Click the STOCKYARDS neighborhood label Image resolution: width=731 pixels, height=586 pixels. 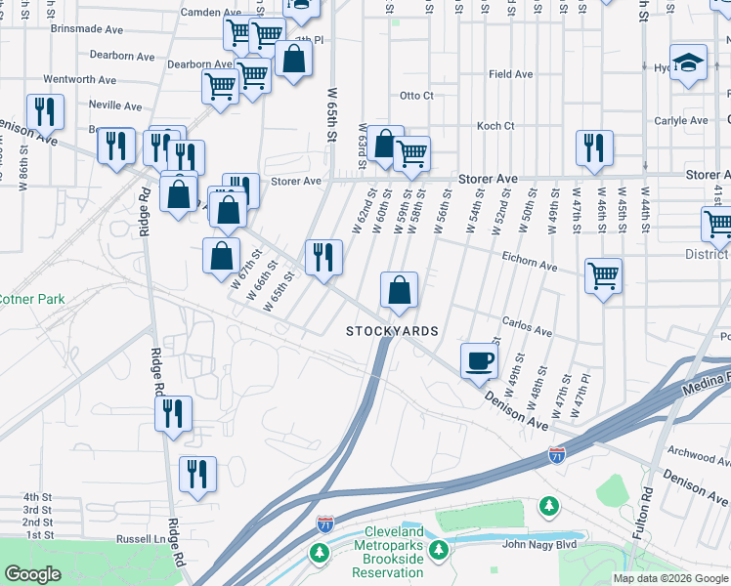coord(392,332)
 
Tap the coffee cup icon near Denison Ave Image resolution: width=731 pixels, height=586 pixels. coord(479,361)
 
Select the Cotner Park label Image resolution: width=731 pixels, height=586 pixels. coord(31,299)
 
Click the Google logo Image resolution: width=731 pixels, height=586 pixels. coord(32,574)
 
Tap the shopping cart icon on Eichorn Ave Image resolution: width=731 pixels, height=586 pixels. coord(604,276)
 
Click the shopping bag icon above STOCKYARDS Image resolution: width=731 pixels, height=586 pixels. coord(399,290)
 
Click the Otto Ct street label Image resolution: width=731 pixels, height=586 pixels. coord(416,96)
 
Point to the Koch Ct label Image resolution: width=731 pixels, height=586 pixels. coord(495,126)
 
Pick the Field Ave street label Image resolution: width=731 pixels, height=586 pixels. coord(511,74)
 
